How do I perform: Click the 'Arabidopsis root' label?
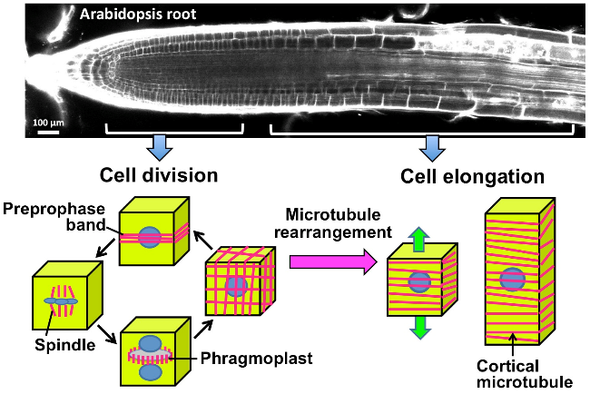click(138, 15)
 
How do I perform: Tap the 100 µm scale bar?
click(48, 132)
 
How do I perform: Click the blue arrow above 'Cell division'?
click(159, 148)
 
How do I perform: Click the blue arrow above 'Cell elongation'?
click(432, 148)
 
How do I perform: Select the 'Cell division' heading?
click(159, 175)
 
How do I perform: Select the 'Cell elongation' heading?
click(472, 176)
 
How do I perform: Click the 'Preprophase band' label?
click(54, 217)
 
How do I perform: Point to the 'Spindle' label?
click(65, 345)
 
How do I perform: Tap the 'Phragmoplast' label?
click(256, 359)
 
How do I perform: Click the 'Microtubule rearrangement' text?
click(333, 223)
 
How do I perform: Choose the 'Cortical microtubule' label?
click(525, 374)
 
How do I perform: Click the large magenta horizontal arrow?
click(333, 262)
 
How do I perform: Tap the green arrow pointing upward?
click(420, 239)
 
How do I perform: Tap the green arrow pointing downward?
click(420, 328)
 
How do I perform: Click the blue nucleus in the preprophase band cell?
click(150, 237)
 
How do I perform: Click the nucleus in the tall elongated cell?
click(513, 280)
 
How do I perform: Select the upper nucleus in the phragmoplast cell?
click(151, 343)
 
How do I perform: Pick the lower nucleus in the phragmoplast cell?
click(151, 372)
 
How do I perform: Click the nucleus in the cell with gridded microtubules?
click(236, 287)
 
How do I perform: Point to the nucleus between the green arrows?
click(420, 282)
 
